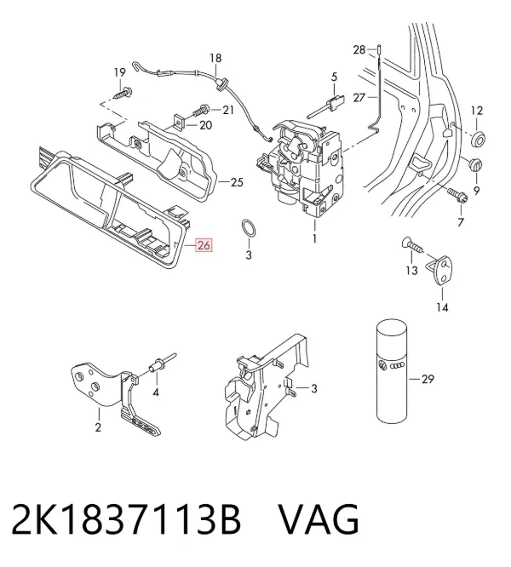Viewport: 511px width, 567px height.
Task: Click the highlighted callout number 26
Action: coord(204,245)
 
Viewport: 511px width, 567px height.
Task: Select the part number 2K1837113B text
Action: coord(126,519)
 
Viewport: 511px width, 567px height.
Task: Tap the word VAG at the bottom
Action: coord(319,519)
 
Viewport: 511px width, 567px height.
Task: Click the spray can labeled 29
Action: coord(393,370)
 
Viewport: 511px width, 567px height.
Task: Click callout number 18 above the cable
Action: coord(215,58)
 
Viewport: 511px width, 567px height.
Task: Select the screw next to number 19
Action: coord(123,93)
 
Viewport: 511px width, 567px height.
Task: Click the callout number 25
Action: coord(237,182)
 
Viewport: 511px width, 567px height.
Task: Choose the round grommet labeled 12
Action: coord(478,139)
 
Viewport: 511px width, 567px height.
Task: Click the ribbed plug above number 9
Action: coord(475,166)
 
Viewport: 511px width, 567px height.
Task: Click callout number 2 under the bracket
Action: coord(98,427)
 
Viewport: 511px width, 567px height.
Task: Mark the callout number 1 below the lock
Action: coord(314,238)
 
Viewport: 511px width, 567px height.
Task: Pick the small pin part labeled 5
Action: coord(325,105)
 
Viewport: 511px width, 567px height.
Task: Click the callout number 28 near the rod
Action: coord(359,49)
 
